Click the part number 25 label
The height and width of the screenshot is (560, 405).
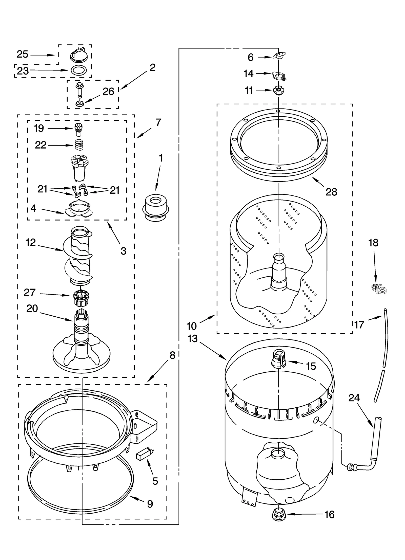(22, 54)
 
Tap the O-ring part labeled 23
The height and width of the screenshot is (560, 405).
(78, 70)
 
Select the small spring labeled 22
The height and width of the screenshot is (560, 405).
(79, 145)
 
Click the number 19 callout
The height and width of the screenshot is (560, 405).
(39, 128)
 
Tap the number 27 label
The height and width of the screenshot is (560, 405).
(30, 293)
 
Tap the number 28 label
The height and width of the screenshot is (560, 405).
(331, 192)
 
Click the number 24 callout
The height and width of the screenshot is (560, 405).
(354, 398)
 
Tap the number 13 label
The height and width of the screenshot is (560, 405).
(193, 339)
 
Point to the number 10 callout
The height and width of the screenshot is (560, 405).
(192, 326)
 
